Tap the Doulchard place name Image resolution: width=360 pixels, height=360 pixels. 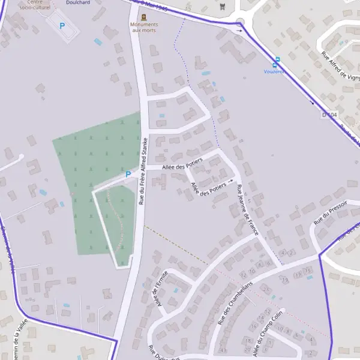78,2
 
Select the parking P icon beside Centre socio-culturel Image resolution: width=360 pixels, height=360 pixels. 61,26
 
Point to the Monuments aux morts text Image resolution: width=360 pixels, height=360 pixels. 143,27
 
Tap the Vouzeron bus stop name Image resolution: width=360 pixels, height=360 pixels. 274,71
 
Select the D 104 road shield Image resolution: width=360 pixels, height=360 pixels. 330,114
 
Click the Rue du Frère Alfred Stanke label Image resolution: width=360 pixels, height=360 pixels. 143,171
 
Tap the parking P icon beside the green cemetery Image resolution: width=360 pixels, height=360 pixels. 127,175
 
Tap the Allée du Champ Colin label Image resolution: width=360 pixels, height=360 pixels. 268,334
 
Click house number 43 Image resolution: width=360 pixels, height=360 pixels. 224,350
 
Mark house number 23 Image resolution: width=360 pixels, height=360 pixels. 285,280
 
